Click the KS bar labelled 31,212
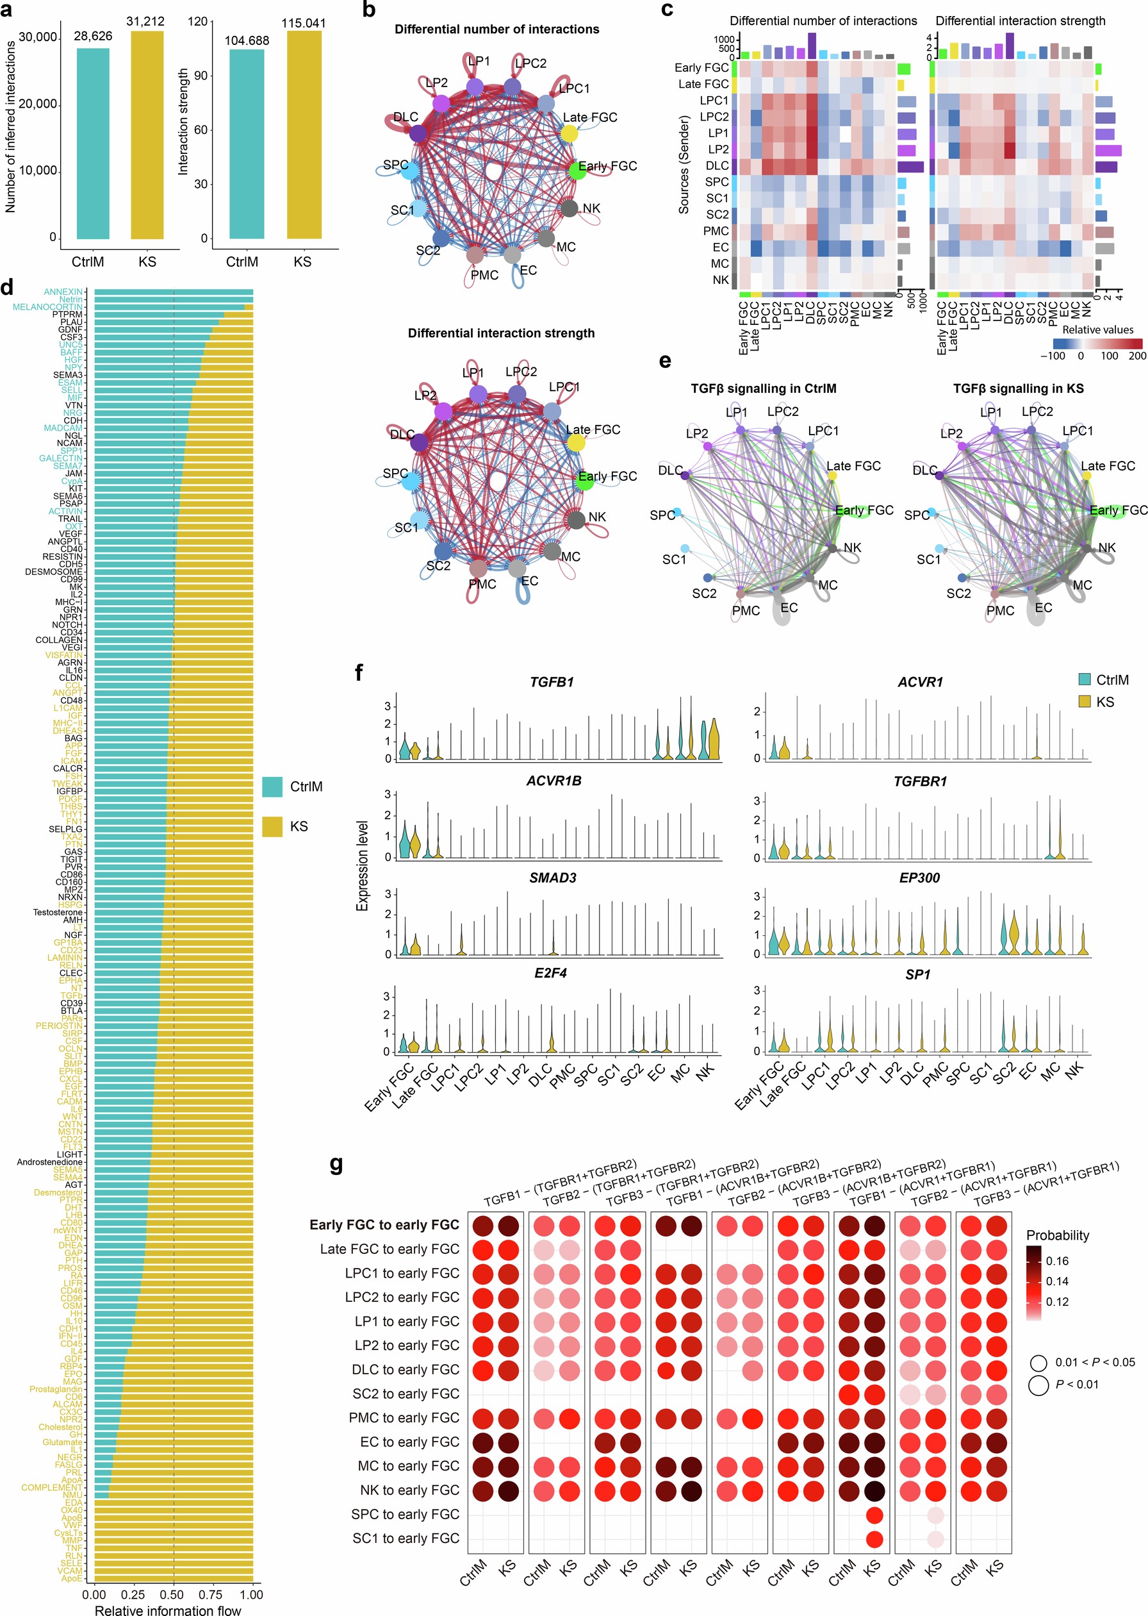(x=147, y=135)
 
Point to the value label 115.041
(x=303, y=23)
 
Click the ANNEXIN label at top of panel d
(x=63, y=292)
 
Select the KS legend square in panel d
(x=272, y=826)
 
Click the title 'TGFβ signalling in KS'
(x=1018, y=388)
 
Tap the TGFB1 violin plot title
(x=552, y=682)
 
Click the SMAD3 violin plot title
(x=552, y=878)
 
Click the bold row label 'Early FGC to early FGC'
(x=384, y=1225)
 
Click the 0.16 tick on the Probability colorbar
(x=1057, y=1260)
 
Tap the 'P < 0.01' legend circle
(x=1038, y=1385)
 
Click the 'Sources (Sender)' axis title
(x=684, y=165)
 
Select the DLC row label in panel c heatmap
(x=717, y=165)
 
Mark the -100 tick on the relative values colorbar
(x=1053, y=356)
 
